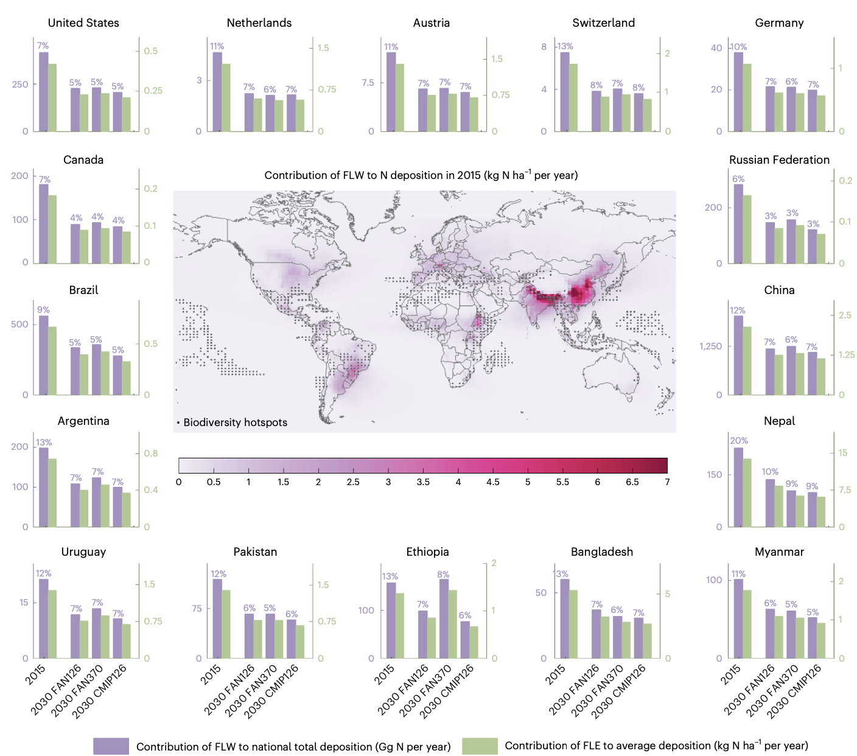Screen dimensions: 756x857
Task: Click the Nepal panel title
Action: pos(779,421)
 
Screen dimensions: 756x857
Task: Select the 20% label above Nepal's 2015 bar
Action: pos(739,441)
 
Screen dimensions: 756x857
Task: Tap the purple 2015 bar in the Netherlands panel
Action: pos(217,91)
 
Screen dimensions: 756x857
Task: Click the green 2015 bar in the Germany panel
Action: pos(747,97)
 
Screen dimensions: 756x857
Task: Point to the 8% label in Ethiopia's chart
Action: pos(443,575)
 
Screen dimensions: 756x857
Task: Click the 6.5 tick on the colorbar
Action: pos(632,482)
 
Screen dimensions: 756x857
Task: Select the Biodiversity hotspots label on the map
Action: pos(235,422)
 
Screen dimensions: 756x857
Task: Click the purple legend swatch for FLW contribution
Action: pos(111,746)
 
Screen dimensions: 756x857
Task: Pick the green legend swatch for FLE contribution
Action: pos(480,746)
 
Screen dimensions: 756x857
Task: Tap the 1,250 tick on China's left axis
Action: pos(710,346)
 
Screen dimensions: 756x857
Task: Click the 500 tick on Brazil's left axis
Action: pos(19,324)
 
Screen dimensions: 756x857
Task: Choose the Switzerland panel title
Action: pos(603,23)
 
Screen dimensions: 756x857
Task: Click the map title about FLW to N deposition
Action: pos(421,175)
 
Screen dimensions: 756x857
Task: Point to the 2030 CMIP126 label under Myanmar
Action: pos(795,691)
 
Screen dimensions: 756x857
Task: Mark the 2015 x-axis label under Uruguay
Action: pos(36,674)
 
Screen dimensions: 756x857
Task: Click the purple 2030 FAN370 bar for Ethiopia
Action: pos(444,618)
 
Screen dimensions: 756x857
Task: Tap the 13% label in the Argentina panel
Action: pos(44,443)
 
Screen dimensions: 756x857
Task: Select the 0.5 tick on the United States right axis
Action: pos(150,51)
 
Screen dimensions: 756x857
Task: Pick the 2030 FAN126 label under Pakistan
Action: pos(229,689)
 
